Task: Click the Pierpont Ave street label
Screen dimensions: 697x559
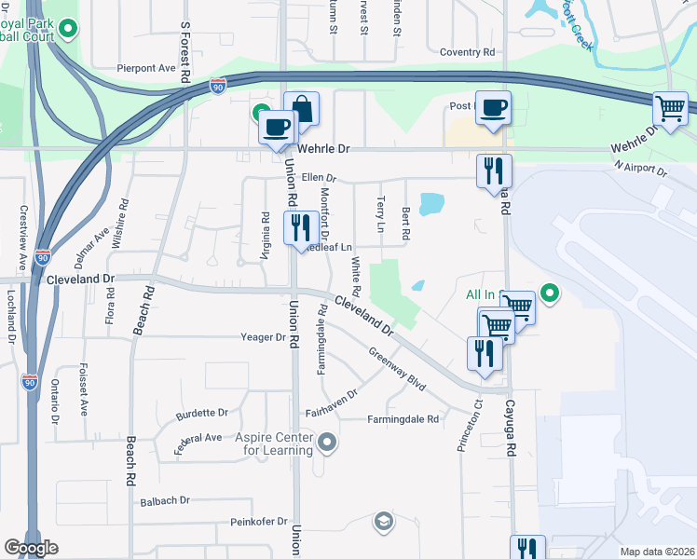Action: point(146,68)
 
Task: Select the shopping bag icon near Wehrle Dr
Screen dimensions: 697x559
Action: point(302,108)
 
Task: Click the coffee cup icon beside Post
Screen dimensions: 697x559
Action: point(493,107)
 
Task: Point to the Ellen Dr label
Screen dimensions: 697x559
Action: point(318,177)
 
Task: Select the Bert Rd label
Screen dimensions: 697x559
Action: point(405,224)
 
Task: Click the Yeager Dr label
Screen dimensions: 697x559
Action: point(262,337)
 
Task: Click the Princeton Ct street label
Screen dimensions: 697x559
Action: point(467,426)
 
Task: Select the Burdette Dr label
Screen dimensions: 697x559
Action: point(202,412)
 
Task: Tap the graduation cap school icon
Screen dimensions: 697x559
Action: point(383,521)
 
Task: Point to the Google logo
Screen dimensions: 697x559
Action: point(31,547)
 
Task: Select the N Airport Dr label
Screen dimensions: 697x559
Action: point(641,170)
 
